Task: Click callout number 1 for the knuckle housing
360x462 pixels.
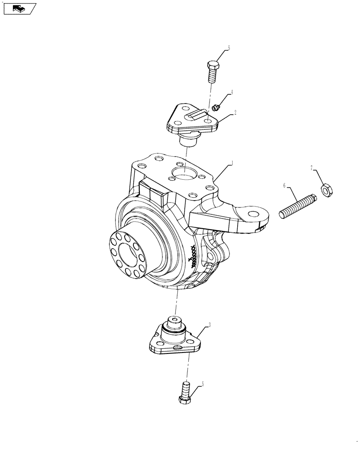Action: [x=233, y=163]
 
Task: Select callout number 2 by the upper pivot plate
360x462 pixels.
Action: [x=235, y=112]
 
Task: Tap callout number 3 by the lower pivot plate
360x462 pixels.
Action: [x=210, y=326]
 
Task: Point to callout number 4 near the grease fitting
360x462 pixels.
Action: [x=232, y=92]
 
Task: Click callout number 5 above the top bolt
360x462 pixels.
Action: [x=228, y=48]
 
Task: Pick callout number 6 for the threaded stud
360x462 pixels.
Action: [x=285, y=185]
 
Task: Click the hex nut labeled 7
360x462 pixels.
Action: [x=326, y=189]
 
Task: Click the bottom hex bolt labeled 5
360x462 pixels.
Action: [x=186, y=393]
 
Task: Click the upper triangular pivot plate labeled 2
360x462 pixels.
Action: [x=192, y=121]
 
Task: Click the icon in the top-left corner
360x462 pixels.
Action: [x=18, y=8]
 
